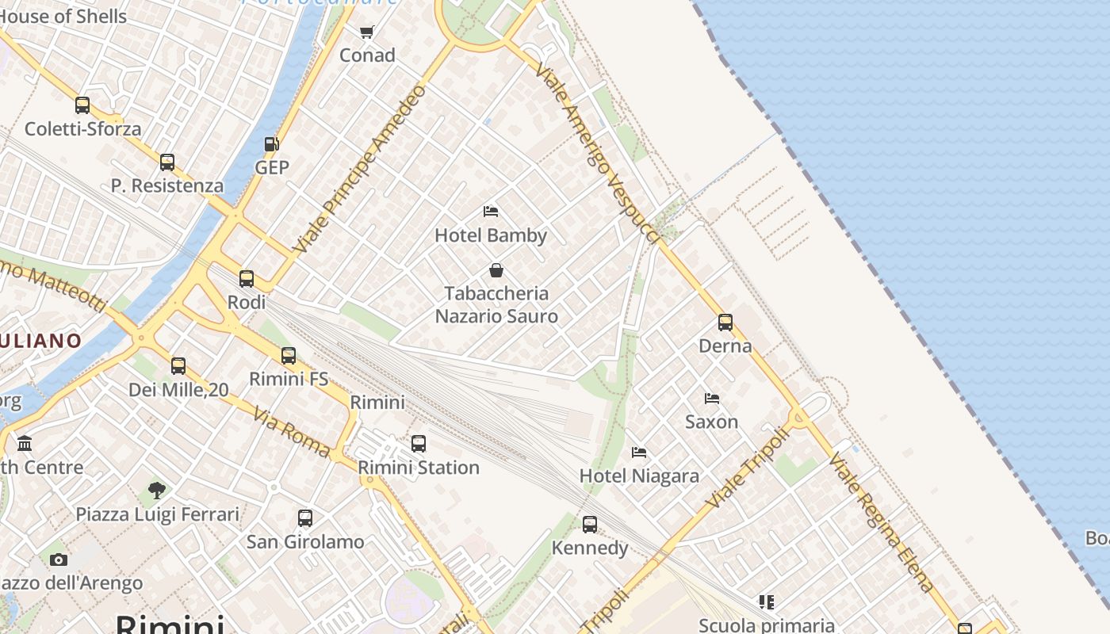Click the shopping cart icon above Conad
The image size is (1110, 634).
pyautogui.click(x=366, y=32)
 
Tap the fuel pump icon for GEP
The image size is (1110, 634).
pyautogui.click(x=271, y=144)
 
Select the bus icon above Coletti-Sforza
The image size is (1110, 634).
pyautogui.click(x=82, y=105)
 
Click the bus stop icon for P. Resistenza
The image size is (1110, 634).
pyautogui.click(x=167, y=162)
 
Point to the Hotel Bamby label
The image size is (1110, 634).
pyautogui.click(x=491, y=235)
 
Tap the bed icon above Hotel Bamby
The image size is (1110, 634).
pyautogui.click(x=491, y=212)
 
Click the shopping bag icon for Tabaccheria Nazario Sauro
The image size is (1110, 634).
pyautogui.click(x=496, y=270)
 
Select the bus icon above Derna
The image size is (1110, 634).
pyautogui.click(x=725, y=323)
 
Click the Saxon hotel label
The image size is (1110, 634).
pyautogui.click(x=711, y=422)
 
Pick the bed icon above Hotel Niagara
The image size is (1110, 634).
pyautogui.click(x=639, y=453)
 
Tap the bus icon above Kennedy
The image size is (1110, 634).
pyautogui.click(x=590, y=525)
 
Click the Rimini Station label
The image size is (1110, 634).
pyautogui.click(x=419, y=468)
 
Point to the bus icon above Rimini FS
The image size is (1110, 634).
pyautogui.click(x=289, y=356)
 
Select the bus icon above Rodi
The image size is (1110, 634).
pyautogui.click(x=247, y=279)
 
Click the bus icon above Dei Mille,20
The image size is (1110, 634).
pyautogui.click(x=178, y=366)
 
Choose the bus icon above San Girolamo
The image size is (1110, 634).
pyautogui.click(x=305, y=518)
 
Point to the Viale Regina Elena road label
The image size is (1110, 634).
pyautogui.click(x=882, y=523)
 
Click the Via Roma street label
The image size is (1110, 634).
pyautogui.click(x=292, y=432)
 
